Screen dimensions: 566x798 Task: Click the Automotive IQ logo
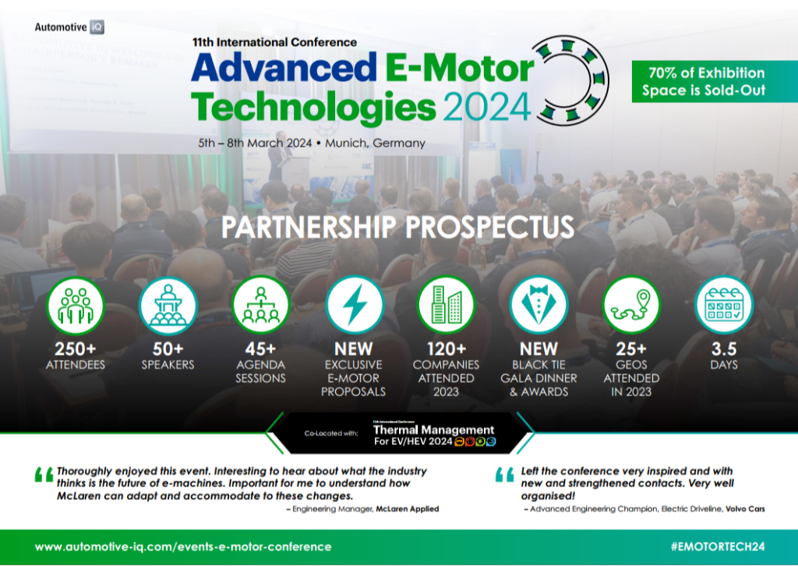coord(69,27)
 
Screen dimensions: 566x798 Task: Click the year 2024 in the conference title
coord(487,107)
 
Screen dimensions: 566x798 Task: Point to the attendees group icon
coord(75,306)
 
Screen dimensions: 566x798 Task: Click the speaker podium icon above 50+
coord(168,306)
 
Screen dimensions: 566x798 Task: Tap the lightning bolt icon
coord(353,306)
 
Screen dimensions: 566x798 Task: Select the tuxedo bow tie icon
coord(538,306)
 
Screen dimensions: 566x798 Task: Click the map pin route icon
coord(631,306)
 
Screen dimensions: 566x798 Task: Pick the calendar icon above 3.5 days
coord(724,306)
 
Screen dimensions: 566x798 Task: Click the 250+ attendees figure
coord(75,348)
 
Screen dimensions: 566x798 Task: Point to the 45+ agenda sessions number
coord(260,348)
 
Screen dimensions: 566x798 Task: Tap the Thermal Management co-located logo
coord(434,436)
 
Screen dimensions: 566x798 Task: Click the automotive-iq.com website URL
coord(183,547)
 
